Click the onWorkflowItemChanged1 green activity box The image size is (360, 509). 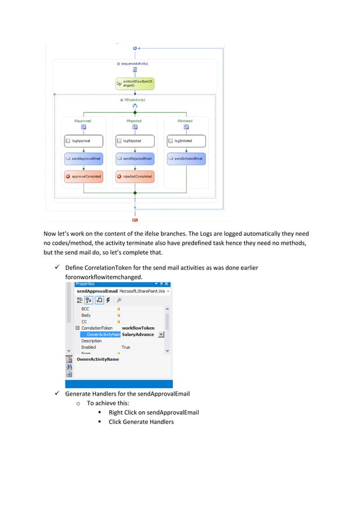[x=134, y=84]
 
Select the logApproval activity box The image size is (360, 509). [x=83, y=141]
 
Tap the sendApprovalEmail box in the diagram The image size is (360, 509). [x=83, y=159]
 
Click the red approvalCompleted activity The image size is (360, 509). [x=83, y=177]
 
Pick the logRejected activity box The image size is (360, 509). [x=134, y=141]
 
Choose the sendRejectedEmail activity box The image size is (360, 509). [x=134, y=159]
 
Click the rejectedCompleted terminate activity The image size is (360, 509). [x=134, y=177]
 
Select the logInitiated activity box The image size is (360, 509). [x=186, y=141]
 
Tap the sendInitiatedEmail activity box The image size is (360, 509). [x=186, y=159]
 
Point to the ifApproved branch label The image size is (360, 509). [x=82, y=121]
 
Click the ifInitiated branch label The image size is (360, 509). [x=186, y=121]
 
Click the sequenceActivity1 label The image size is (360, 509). [x=136, y=64]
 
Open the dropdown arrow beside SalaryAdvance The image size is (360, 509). [x=161, y=334]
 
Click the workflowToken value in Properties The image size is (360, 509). [x=138, y=328]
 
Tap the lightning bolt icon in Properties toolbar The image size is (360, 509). [x=109, y=300]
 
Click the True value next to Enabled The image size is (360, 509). [x=126, y=347]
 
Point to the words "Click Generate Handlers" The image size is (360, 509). [x=141, y=422]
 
